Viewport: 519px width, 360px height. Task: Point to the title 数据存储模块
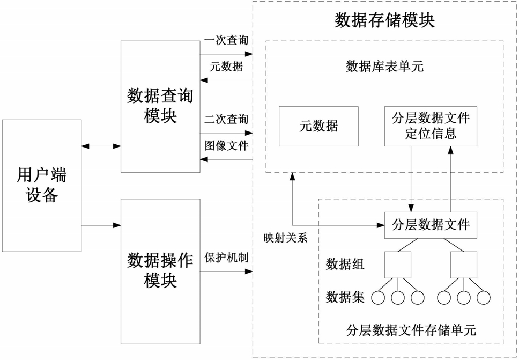384,20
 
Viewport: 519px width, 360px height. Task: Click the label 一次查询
226,40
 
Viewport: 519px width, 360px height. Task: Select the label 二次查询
226,119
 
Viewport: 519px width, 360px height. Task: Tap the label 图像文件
226,146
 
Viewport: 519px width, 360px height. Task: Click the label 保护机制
226,258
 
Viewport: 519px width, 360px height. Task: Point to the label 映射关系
285,238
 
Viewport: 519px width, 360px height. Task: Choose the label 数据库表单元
384,67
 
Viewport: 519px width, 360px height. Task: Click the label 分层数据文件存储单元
411,330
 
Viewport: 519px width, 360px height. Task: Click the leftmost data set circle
378,298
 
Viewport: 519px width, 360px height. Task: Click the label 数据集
345,297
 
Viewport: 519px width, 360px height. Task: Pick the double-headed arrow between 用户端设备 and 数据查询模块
101,146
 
